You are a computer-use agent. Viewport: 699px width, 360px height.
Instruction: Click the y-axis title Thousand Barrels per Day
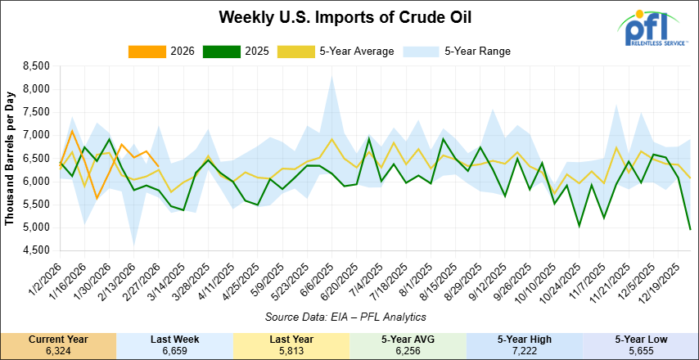coord(11,158)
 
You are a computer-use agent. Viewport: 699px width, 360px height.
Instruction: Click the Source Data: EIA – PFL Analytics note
coord(343,317)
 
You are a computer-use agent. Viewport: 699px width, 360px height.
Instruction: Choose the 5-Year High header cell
coord(524,338)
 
